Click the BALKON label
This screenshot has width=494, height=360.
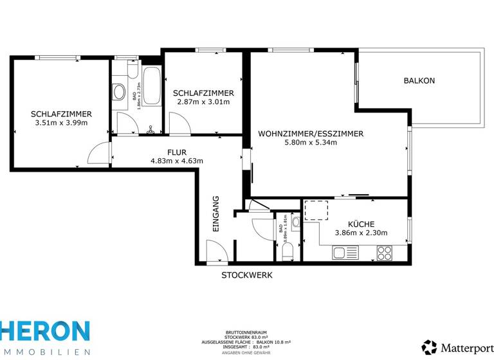[x=419, y=81]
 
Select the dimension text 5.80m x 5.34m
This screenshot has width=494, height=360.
[x=311, y=143]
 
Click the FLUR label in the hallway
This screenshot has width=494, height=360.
[x=177, y=152]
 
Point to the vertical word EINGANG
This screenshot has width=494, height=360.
[x=216, y=213]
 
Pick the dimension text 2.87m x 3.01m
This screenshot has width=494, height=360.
[x=203, y=102]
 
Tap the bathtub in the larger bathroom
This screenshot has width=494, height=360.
[x=152, y=87]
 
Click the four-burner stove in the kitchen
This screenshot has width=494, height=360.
[x=384, y=253]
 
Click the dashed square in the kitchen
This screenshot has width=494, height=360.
[x=315, y=210]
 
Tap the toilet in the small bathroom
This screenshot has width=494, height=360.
[x=288, y=250]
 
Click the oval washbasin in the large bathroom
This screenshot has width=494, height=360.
[x=119, y=93]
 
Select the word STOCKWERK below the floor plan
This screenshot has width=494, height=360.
[x=247, y=275]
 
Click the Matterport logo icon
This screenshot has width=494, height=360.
[x=429, y=346]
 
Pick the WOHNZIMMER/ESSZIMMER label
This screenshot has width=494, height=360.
[x=311, y=134]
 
